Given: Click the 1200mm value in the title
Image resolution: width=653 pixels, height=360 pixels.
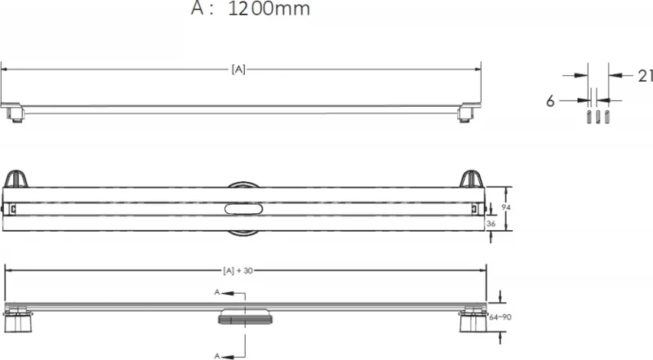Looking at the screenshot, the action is point(269,9).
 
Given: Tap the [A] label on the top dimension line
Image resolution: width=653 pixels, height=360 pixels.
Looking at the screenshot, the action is point(238,69).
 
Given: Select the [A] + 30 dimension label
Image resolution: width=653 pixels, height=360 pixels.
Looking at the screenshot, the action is point(238,271).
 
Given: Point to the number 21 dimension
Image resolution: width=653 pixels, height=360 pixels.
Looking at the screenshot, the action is point(645,76).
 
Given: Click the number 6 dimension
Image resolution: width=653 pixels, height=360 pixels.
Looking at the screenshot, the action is point(550,101).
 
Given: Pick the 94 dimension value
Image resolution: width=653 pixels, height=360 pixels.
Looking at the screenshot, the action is point(506,207).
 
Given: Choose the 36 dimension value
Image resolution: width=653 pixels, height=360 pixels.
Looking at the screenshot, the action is point(491,224).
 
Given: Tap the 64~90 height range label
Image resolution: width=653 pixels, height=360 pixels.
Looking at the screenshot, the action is point(500,318).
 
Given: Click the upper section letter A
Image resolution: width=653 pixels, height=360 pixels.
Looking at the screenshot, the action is point(217,292).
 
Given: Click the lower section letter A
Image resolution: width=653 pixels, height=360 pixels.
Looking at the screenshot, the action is point(217,356).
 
